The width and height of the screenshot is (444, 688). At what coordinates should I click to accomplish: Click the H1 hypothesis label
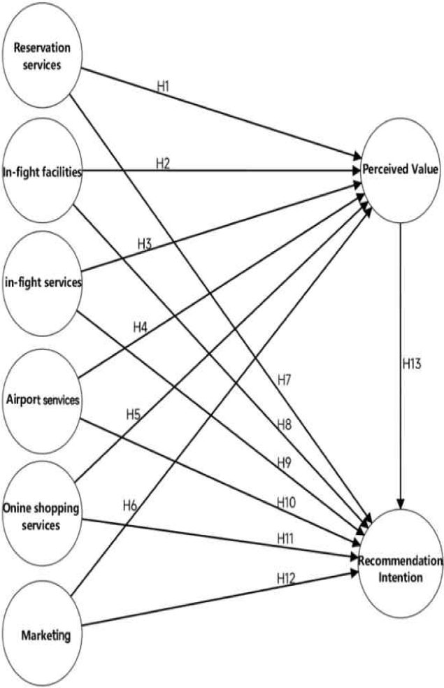click(x=164, y=88)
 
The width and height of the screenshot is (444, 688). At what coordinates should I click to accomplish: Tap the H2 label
click(x=163, y=164)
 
